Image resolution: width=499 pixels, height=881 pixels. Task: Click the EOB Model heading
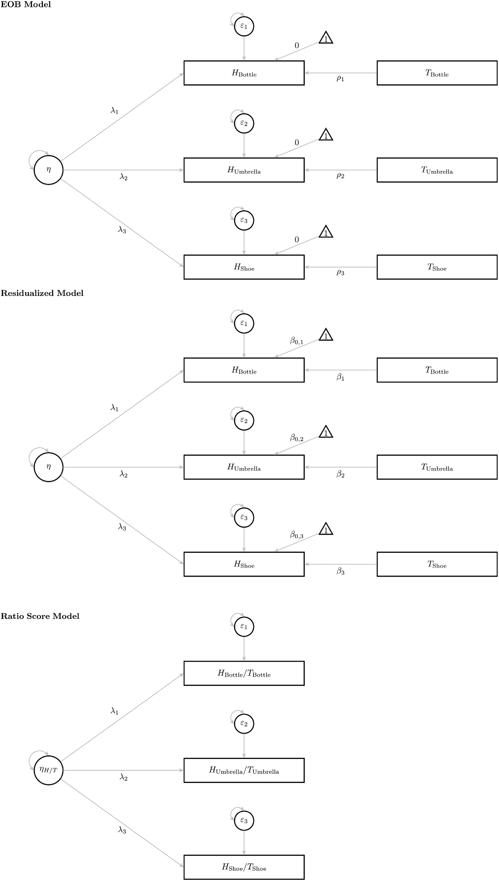point(26,4)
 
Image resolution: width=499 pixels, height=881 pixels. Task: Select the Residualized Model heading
point(42,293)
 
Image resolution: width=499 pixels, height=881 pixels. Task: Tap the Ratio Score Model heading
point(40,616)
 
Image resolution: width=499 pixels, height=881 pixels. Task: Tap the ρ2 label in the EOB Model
point(340,175)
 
